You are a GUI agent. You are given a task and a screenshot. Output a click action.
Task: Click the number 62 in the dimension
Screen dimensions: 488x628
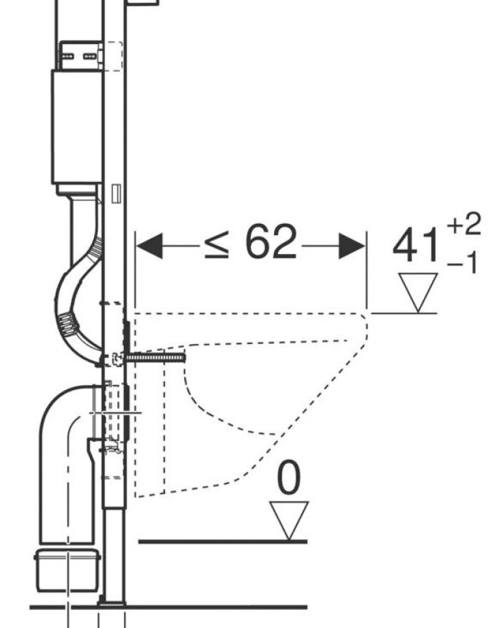click(x=271, y=241)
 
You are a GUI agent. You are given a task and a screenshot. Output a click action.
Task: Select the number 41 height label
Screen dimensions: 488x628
click(x=416, y=245)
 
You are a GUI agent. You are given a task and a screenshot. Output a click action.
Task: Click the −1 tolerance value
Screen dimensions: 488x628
click(x=463, y=263)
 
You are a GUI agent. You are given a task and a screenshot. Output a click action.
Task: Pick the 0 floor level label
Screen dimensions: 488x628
click(x=289, y=477)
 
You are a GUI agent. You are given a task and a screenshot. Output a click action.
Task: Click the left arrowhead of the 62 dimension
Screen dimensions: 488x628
click(x=149, y=246)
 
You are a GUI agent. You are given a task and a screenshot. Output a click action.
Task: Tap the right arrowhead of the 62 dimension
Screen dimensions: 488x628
click(x=351, y=246)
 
